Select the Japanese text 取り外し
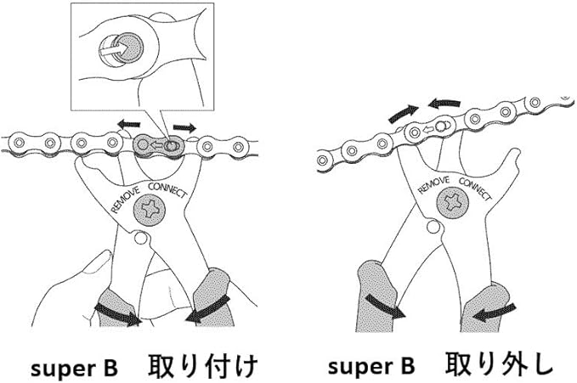tap(499, 365)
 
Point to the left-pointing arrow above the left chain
tap(127, 124)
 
